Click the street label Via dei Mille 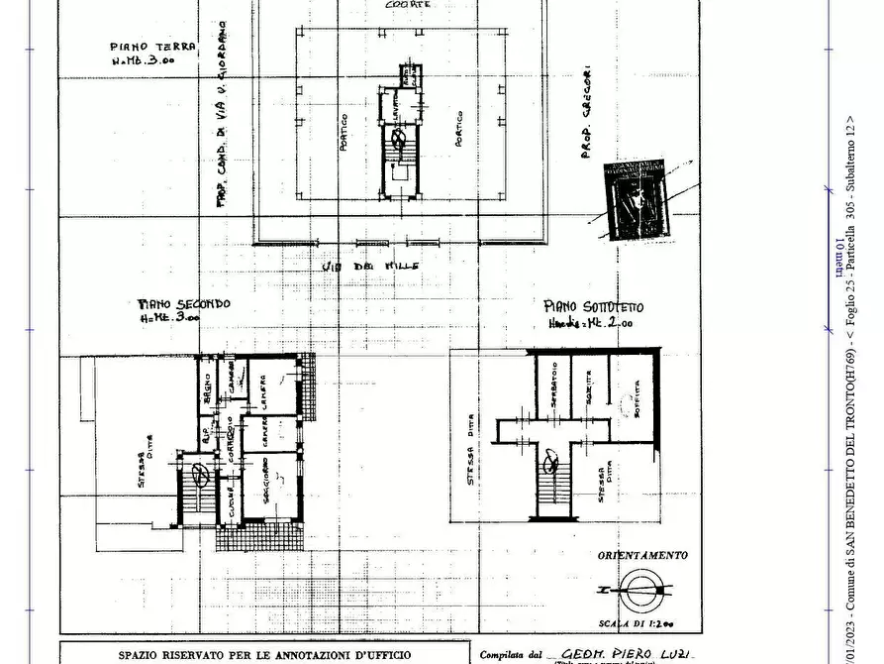[x=370, y=267]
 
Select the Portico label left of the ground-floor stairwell [x=344, y=128]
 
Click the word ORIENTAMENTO [x=642, y=556]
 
